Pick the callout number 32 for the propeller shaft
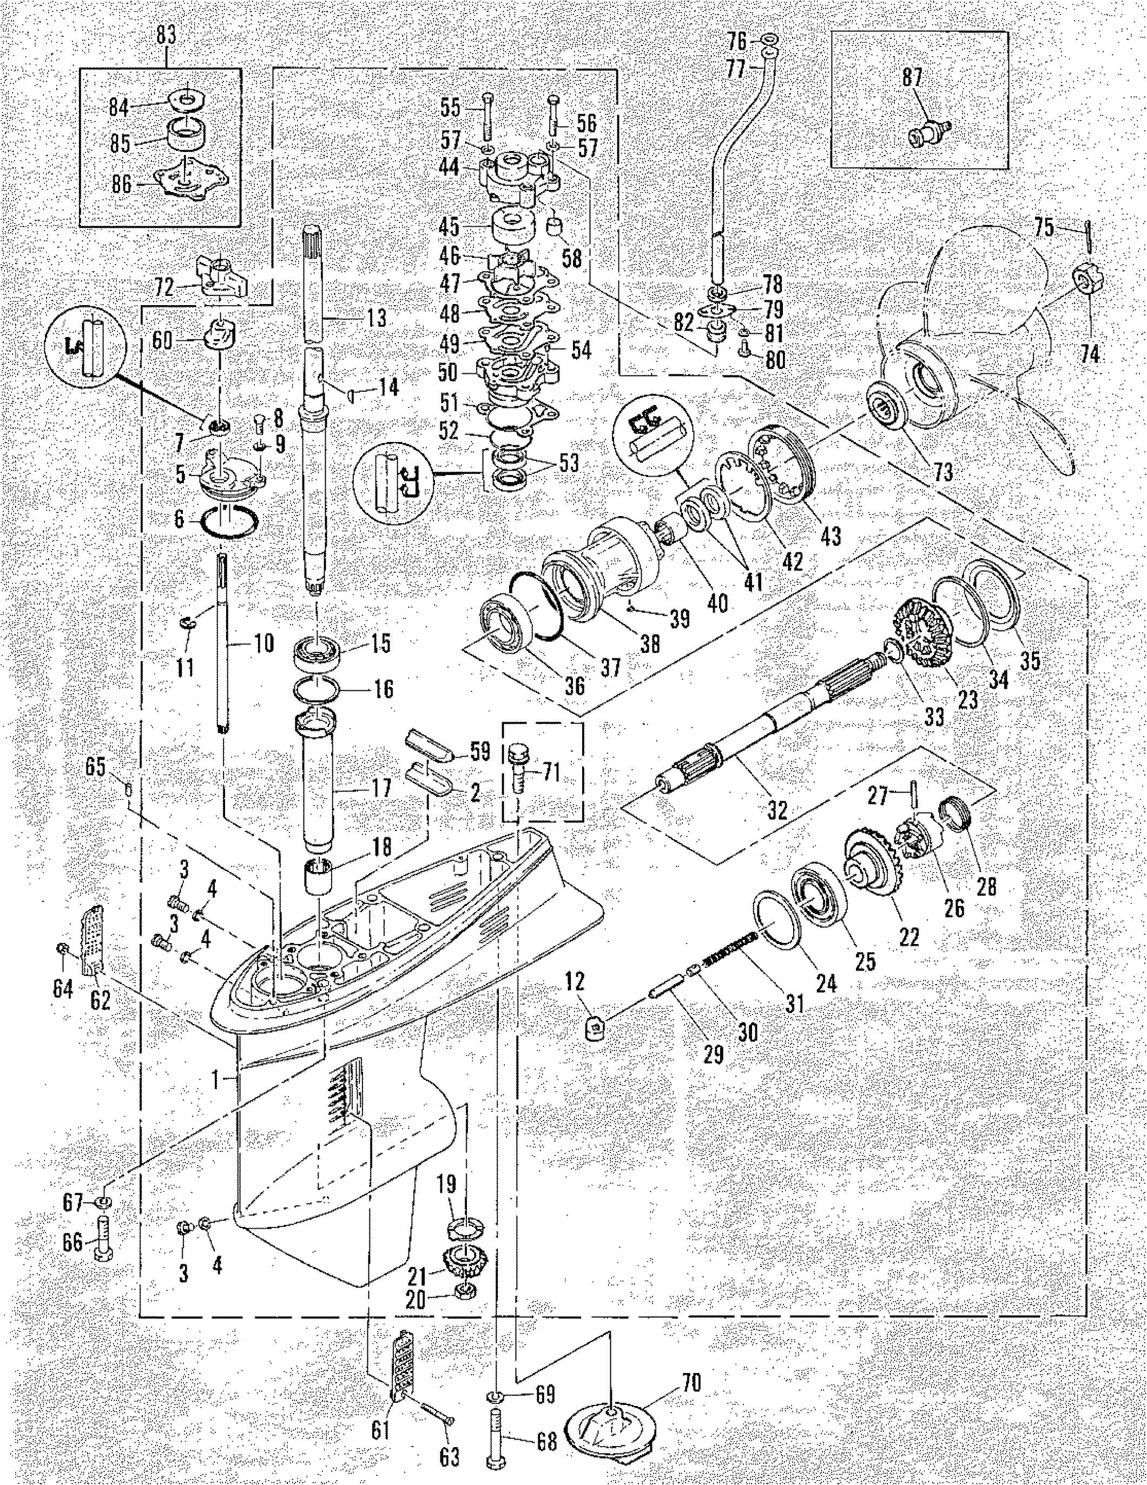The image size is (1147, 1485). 776,810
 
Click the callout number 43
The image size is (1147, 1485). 831,535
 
